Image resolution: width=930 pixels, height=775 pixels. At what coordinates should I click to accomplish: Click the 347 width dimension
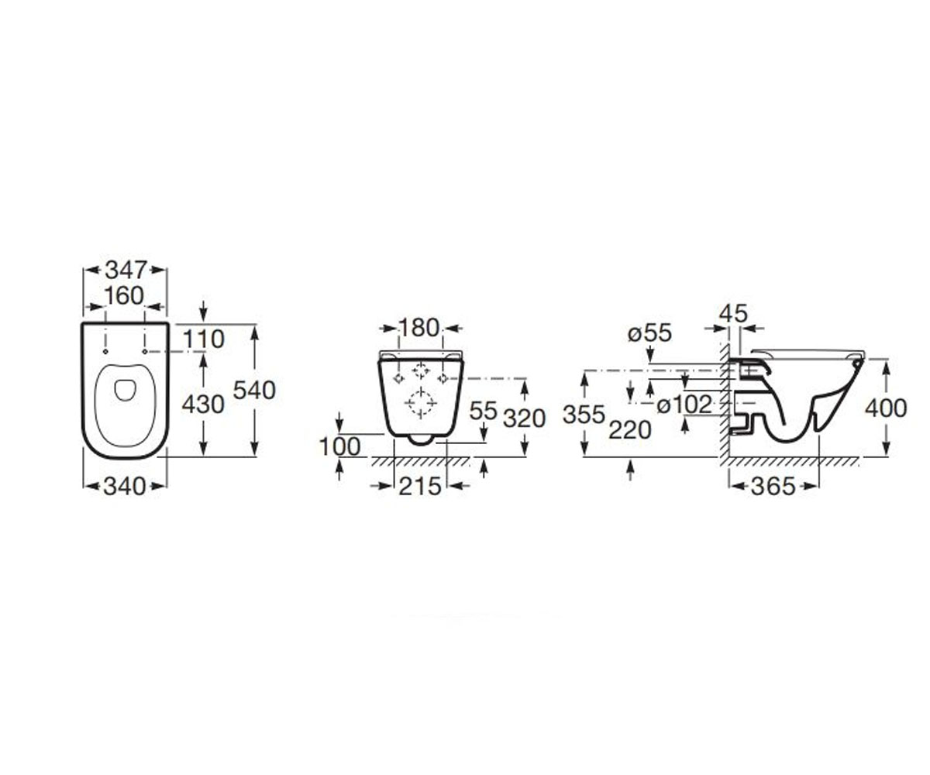click(x=126, y=270)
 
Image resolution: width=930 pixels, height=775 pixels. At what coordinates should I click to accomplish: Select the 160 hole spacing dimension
click(x=124, y=295)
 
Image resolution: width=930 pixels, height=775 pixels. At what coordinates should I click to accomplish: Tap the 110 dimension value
click(x=204, y=339)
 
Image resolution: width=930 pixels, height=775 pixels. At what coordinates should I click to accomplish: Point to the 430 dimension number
click(x=203, y=405)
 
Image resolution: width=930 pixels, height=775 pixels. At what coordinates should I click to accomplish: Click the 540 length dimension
click(x=254, y=391)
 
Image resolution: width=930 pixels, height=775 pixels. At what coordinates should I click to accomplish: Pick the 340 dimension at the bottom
click(x=125, y=486)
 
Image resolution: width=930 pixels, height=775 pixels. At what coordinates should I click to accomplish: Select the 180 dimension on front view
click(x=418, y=328)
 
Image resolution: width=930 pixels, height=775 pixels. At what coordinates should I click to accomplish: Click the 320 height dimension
click(x=524, y=418)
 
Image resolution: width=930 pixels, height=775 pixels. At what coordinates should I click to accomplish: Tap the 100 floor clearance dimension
click(x=340, y=446)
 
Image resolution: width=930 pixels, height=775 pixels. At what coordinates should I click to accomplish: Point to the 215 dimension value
click(x=419, y=486)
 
